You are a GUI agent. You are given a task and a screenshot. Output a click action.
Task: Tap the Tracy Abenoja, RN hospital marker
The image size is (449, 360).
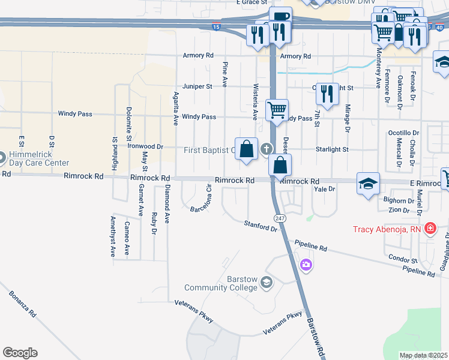point(430,229)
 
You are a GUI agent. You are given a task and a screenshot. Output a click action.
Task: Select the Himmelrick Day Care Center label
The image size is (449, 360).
point(39,158)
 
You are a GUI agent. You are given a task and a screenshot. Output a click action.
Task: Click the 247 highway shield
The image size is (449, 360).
point(281,218)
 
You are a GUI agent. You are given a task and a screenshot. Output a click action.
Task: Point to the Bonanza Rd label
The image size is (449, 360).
point(23,305)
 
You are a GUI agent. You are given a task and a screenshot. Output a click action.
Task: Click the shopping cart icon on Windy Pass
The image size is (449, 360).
point(277,110)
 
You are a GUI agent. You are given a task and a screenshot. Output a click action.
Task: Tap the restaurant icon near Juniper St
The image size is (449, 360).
point(327,93)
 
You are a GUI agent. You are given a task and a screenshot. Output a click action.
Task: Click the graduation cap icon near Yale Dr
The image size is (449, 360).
point(368,182)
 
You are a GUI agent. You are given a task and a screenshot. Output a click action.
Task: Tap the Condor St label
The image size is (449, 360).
point(403,260)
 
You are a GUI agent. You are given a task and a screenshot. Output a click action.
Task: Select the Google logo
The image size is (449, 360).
point(20,353)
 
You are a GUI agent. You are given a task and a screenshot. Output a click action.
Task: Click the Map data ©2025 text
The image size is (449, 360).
point(424,355)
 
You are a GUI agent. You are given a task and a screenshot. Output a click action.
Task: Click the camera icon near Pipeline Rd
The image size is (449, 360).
point(306,265)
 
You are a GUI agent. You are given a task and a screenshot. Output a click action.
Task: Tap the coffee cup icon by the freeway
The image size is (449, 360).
point(280,17)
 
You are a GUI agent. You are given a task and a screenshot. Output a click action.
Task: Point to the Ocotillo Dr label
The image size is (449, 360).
point(403,132)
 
